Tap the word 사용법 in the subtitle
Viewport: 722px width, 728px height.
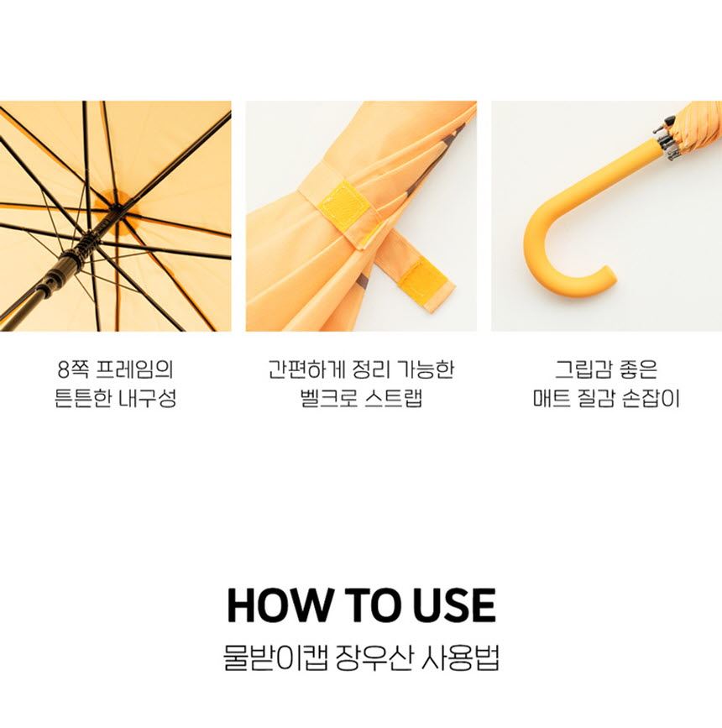click(460, 657)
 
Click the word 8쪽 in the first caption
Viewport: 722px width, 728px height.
click(73, 369)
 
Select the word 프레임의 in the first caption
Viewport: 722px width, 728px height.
click(134, 369)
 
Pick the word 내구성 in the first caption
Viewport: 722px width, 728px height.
click(148, 398)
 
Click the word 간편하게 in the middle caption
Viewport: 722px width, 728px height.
click(306, 369)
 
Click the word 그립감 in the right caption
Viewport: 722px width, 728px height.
click(583, 369)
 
